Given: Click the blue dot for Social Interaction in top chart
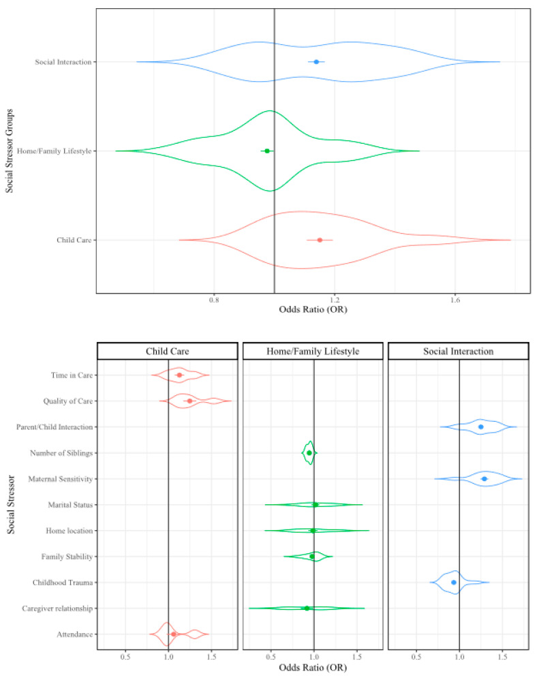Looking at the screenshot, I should (x=316, y=62).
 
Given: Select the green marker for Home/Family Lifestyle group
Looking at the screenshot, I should (x=267, y=151).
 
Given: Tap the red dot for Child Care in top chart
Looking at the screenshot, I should (x=320, y=240).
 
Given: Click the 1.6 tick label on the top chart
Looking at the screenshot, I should (x=456, y=300).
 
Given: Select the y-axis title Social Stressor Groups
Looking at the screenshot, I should (x=10, y=151).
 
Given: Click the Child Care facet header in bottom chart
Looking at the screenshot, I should (x=168, y=350).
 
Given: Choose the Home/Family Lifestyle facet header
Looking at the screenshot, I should (x=313, y=350).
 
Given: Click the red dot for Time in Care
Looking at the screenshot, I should (x=179, y=375).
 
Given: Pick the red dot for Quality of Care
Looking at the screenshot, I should (x=189, y=401).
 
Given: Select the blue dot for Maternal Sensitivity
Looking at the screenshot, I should (x=484, y=479).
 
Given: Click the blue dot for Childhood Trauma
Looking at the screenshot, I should (x=454, y=583).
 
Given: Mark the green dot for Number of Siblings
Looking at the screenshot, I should (x=309, y=453).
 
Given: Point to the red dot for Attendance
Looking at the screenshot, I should (x=174, y=634).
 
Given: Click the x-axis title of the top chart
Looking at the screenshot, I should (x=313, y=310).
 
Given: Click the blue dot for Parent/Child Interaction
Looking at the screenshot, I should (x=480, y=427).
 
